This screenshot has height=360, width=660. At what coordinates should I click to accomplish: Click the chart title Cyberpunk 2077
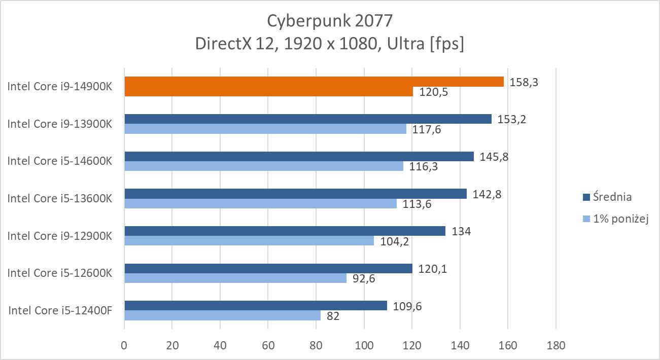point(330,21)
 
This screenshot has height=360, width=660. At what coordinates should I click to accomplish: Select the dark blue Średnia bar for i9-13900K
point(307,119)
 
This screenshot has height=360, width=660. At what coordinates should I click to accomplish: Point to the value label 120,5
point(431,92)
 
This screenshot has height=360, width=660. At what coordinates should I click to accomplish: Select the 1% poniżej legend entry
point(615,219)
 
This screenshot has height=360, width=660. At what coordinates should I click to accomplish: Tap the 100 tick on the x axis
point(364,346)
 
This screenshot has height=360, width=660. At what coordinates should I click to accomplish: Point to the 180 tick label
point(555,346)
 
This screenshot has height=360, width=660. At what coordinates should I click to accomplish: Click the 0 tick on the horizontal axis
point(124,346)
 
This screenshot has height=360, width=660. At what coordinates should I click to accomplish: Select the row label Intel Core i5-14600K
point(59,161)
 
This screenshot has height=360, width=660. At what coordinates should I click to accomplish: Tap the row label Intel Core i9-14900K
point(59,87)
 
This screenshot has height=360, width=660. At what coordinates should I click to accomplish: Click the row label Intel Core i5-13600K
point(59,198)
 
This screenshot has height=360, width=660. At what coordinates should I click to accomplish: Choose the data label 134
point(461,232)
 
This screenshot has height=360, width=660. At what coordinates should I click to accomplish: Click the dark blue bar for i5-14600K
point(299,157)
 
